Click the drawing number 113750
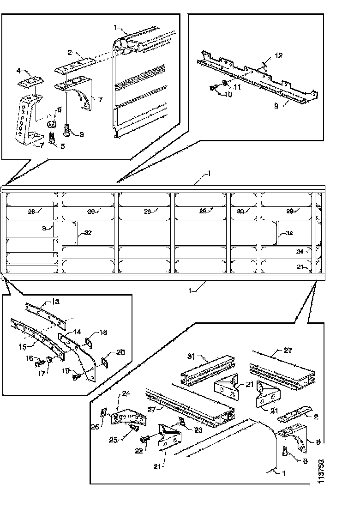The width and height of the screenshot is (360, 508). click(321, 471)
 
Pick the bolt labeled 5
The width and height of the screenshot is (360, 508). click(52, 137)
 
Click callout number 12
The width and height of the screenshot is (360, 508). click(279, 56)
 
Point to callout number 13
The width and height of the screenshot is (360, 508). click(55, 302)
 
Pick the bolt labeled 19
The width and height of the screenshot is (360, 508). click(76, 377)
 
